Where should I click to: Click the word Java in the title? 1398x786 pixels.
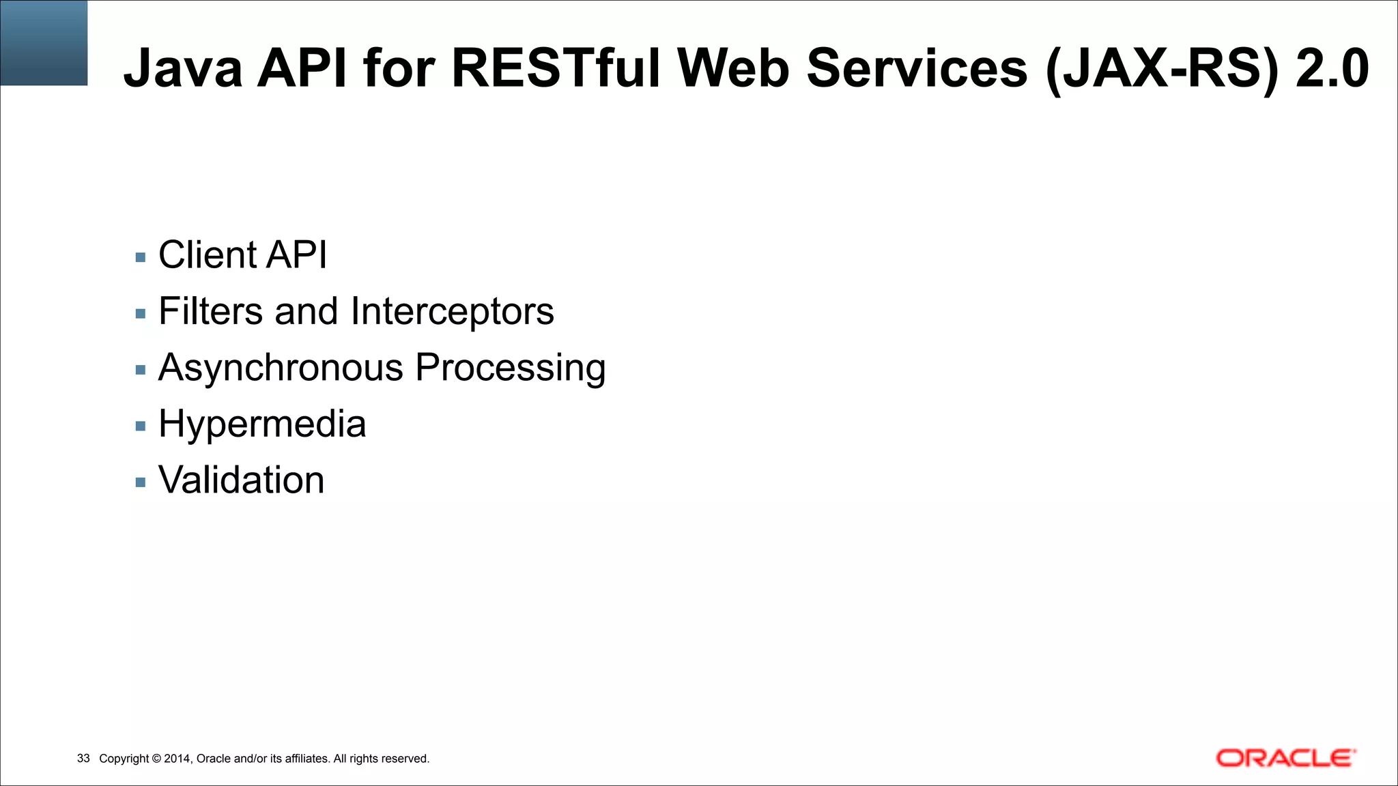[182, 68]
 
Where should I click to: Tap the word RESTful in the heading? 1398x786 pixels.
[556, 68]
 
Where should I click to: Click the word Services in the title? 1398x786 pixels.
[917, 68]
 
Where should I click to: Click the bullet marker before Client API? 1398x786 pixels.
[141, 258]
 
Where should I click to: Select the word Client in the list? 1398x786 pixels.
[206, 254]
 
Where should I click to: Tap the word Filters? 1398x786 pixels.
[210, 311]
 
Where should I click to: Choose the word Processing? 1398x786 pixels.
[511, 368]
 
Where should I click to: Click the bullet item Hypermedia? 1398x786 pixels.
[262, 424]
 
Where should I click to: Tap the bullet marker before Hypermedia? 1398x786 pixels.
[141, 426]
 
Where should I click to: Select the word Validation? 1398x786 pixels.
[241, 480]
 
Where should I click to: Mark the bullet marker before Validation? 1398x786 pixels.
[141, 482]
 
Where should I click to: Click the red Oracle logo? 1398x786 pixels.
[1285, 758]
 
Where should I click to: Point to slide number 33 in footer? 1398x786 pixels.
[83, 759]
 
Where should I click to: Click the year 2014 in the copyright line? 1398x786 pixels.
[177, 759]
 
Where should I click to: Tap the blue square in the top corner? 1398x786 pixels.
[44, 42]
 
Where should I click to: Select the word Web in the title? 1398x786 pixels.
[732, 68]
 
